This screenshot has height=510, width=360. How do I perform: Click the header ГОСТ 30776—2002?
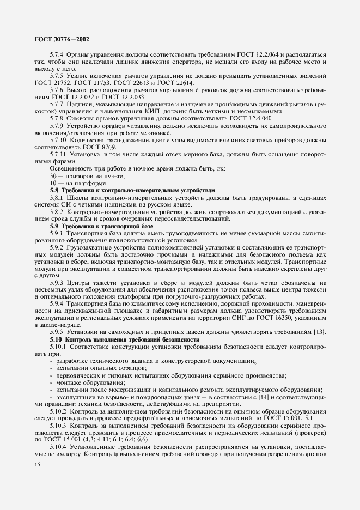63,39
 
